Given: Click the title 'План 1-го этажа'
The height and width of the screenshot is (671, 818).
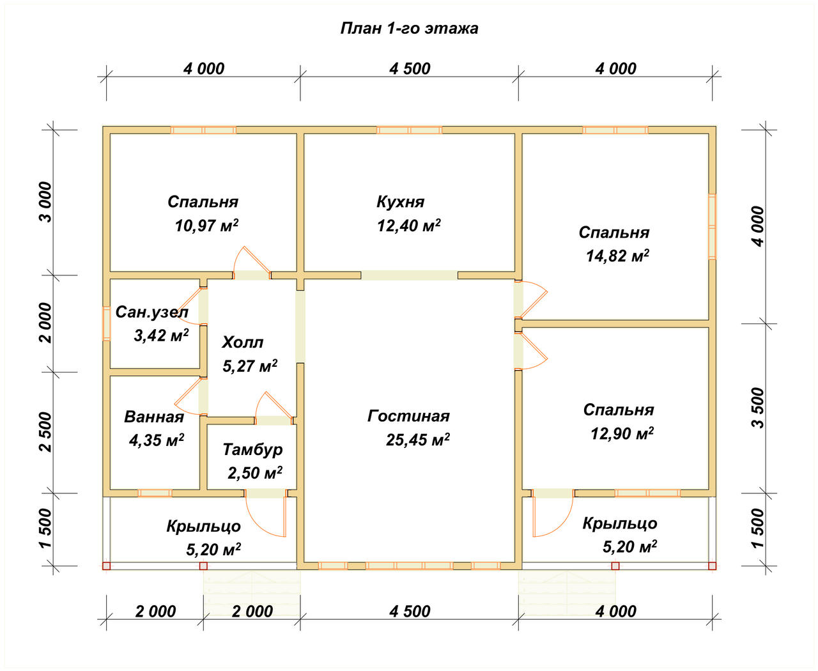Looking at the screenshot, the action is (x=409, y=29).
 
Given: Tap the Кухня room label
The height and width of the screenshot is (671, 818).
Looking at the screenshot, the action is (x=401, y=202).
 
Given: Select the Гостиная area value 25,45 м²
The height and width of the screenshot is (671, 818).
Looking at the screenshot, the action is (x=418, y=440).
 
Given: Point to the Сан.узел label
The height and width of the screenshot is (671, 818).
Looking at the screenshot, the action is (x=152, y=312).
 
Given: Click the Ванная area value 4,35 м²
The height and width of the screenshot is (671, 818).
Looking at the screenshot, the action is (x=157, y=440).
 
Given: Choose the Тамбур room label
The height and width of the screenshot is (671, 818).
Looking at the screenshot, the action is (x=252, y=450).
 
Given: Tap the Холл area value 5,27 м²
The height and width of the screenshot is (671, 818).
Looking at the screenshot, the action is (x=250, y=366).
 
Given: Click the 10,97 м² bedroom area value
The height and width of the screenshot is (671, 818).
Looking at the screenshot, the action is (x=206, y=226).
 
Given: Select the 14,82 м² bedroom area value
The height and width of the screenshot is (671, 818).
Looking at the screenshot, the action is (x=617, y=256).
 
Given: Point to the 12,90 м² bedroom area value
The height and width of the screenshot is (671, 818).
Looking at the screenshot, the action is (x=622, y=434).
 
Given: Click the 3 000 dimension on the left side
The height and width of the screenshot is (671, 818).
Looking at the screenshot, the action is (x=46, y=202).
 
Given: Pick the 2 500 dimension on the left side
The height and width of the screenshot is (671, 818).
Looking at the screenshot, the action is (x=46, y=432).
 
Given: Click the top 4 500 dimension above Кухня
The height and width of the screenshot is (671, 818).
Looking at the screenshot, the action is (x=410, y=69).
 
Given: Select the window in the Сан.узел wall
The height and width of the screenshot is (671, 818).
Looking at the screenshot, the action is (x=106, y=323).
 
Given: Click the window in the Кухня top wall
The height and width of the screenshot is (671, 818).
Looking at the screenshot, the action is (x=409, y=130).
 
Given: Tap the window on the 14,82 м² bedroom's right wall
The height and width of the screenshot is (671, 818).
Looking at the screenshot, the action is (x=712, y=226).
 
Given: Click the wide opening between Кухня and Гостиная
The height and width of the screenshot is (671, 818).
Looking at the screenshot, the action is (x=409, y=275).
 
